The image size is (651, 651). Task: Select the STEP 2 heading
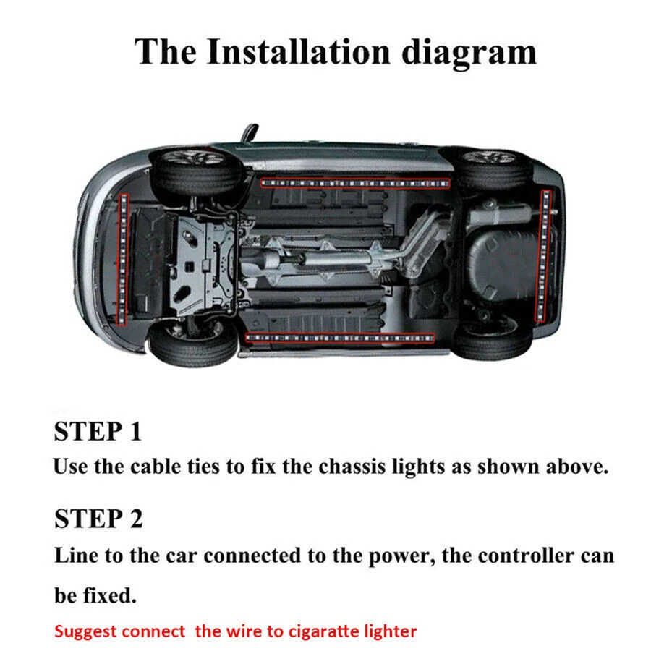pyautogui.click(x=98, y=519)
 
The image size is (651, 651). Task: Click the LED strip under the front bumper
pyautogui.click(x=121, y=257)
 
